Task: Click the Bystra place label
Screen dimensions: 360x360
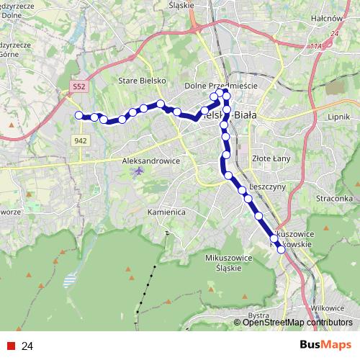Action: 258,315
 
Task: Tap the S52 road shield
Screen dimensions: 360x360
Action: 79,86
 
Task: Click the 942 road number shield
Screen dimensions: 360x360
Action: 80,140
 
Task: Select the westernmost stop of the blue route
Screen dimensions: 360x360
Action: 78,115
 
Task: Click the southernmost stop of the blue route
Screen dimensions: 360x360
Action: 281,250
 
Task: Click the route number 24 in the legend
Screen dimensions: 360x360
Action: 27,346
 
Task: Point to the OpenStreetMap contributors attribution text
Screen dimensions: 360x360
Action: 297,323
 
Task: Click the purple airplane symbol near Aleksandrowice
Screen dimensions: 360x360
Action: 139,173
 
